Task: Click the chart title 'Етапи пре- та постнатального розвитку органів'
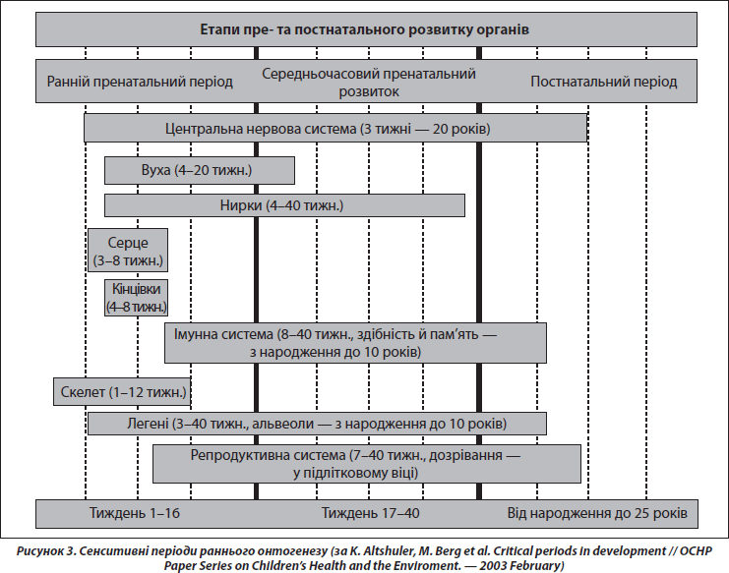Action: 364,29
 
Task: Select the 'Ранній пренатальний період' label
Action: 140,82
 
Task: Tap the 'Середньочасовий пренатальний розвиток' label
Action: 369,83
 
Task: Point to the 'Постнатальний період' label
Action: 604,82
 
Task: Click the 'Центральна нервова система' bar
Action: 335,128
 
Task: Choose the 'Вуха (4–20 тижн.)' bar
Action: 200,170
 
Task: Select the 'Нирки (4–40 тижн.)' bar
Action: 284,205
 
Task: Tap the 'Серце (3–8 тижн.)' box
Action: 128,251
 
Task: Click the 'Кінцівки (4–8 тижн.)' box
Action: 136,298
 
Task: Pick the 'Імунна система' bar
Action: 356,343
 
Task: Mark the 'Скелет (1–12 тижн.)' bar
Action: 122,392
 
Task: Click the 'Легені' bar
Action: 317,424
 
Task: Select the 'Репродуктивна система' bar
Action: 367,464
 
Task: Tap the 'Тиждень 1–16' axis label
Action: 135,513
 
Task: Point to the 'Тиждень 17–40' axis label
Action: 371,513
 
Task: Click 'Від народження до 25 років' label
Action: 597,514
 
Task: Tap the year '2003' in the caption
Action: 493,565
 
